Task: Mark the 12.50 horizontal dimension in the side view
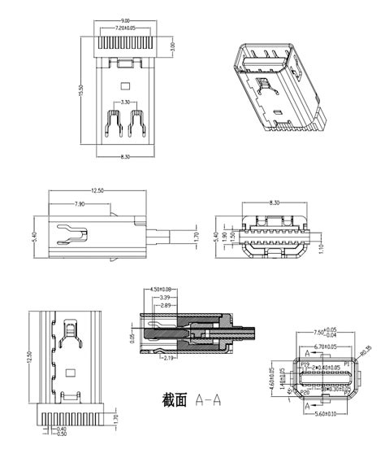(x=97, y=190)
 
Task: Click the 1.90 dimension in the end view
(x=232, y=236)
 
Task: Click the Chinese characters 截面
(x=175, y=400)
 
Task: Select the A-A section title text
(x=209, y=400)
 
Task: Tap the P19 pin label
(x=305, y=364)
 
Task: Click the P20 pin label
(x=305, y=391)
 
